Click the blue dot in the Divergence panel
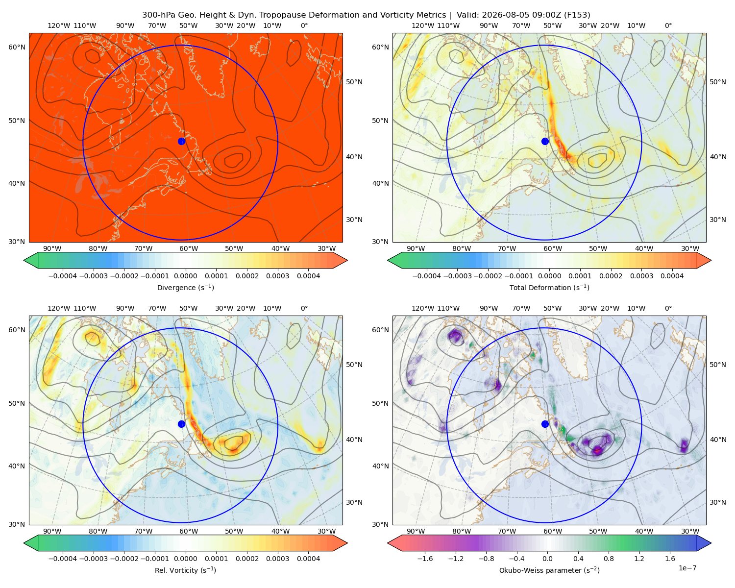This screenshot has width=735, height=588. coord(181,141)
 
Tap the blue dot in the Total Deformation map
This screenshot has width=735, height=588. coord(545,141)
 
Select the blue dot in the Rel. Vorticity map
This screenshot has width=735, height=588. coord(181,424)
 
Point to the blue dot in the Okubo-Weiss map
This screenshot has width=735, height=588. coord(545,424)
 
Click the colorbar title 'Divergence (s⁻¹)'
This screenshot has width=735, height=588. coord(185,287)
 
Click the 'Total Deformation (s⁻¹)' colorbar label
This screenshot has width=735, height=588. coord(549,287)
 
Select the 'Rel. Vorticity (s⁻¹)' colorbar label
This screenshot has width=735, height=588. coord(185,570)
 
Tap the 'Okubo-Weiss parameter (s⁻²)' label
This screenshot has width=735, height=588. coord(549,570)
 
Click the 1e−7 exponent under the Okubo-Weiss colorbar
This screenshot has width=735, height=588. coord(687,568)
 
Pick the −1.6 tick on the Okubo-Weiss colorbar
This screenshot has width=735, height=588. coord(425,559)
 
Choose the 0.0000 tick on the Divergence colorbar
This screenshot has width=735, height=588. coord(185,276)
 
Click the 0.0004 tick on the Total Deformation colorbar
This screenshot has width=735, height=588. coord(672,276)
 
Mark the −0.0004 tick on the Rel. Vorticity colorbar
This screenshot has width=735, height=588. coord(63,559)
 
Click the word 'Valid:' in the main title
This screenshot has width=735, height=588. coord(467,15)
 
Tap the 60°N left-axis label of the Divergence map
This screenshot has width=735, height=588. coord(17,47)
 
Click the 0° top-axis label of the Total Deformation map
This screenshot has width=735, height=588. coord(668,25)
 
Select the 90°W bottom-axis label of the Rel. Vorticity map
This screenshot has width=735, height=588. coord(52,531)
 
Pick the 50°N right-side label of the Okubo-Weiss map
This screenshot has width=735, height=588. coord(717,365)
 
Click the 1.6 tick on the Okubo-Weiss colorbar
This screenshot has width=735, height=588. coord(670,559)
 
